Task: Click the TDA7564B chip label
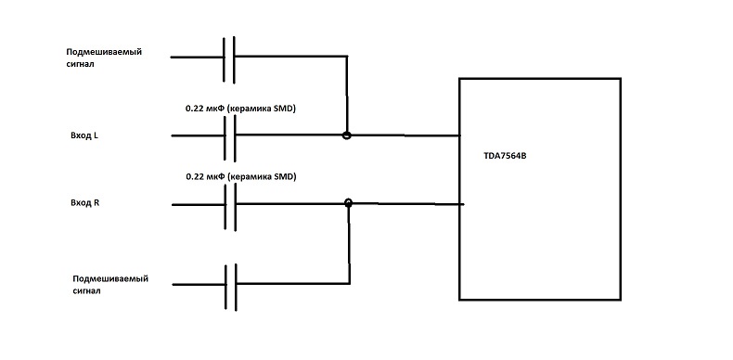(505, 156)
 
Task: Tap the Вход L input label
(84, 136)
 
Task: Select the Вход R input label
(85, 203)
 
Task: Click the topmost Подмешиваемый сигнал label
(104, 58)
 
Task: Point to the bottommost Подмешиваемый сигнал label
(110, 285)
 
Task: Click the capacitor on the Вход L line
(229, 138)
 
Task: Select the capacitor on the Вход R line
(230, 206)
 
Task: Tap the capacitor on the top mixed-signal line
(228, 59)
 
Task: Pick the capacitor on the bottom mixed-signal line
(230, 287)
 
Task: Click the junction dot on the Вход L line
(346, 135)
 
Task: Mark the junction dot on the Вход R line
(348, 203)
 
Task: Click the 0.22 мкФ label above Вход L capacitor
(240, 109)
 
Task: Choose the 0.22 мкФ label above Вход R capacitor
(241, 177)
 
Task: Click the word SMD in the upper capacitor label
(283, 109)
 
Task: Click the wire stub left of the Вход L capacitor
(198, 135)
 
